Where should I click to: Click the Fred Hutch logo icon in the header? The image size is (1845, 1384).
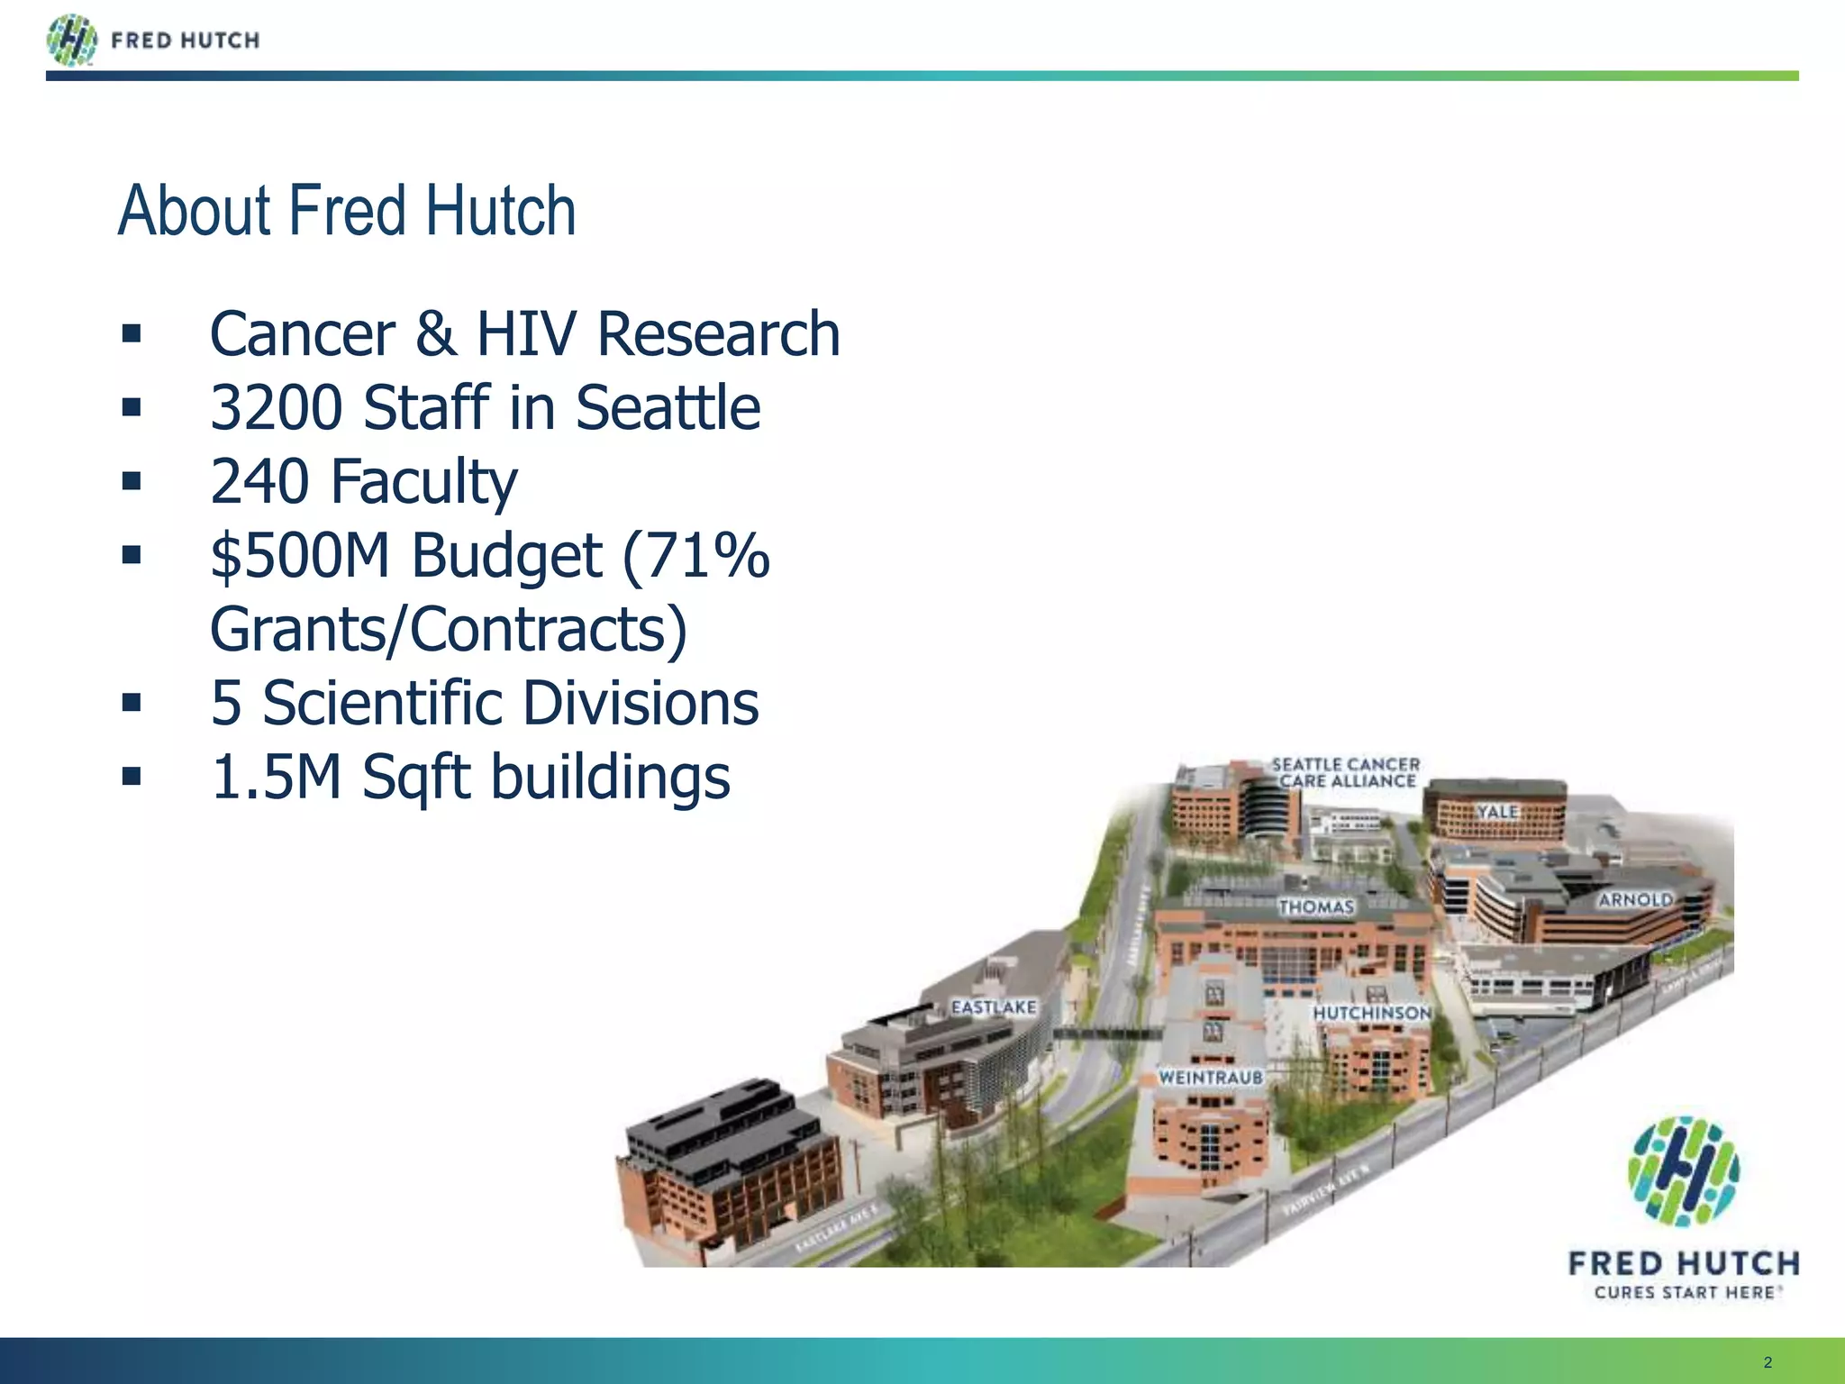pyautogui.click(x=72, y=41)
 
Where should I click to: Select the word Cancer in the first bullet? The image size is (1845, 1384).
pyautogui.click(x=302, y=334)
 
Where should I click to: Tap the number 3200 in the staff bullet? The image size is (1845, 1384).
pyautogui.click(x=277, y=408)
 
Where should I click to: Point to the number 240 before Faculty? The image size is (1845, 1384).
pyautogui.click(x=260, y=482)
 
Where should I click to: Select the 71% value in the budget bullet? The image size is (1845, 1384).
pyautogui.click(x=695, y=556)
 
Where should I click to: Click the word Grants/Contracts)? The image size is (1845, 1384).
pyautogui.click(x=448, y=630)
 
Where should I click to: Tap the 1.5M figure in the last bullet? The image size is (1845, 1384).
pyautogui.click(x=276, y=778)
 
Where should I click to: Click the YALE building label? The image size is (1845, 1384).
pyautogui.click(x=1497, y=812)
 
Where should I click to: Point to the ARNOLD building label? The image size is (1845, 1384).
pyautogui.click(x=1635, y=899)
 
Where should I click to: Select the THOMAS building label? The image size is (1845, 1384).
pyautogui.click(x=1316, y=906)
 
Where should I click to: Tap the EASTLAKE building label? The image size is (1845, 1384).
pyautogui.click(x=994, y=1007)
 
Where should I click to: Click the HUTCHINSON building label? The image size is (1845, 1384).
pyautogui.click(x=1371, y=1014)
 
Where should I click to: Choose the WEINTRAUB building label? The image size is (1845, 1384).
pyautogui.click(x=1210, y=1078)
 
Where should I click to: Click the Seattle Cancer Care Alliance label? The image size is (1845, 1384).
pyautogui.click(x=1346, y=773)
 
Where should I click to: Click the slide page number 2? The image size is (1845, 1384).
pyautogui.click(x=1768, y=1362)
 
